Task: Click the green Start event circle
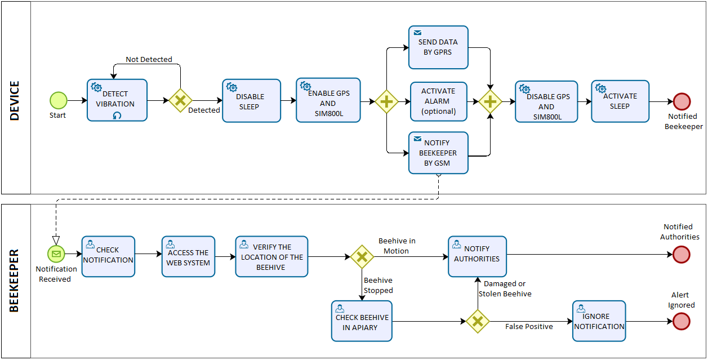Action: [x=58, y=100]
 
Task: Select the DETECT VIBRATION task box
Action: [x=117, y=100]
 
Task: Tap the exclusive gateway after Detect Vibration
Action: [x=180, y=100]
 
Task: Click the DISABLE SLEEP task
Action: [x=251, y=100]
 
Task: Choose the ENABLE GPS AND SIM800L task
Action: [x=328, y=100]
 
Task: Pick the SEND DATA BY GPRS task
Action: [x=438, y=47]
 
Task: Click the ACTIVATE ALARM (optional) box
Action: [x=438, y=101]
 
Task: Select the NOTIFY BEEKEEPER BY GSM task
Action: [x=438, y=153]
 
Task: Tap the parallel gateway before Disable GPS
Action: [x=491, y=101]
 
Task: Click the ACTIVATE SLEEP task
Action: [x=620, y=101]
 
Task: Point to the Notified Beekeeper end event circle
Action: [x=682, y=101]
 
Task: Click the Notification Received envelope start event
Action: [x=56, y=254]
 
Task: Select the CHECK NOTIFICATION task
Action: [x=108, y=256]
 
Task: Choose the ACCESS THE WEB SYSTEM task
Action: [x=188, y=256]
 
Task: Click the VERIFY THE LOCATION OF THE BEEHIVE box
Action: [x=271, y=256]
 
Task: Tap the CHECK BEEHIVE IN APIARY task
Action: [x=362, y=321]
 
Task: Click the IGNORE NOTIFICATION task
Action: [x=599, y=321]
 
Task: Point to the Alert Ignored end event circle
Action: [x=682, y=321]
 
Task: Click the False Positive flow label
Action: [x=528, y=327]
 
